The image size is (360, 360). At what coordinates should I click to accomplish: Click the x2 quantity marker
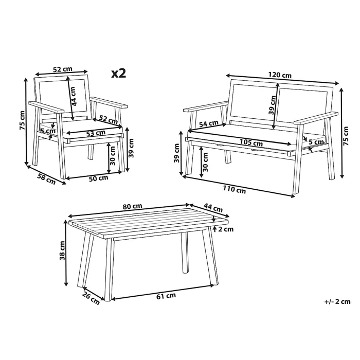(x=119, y=73)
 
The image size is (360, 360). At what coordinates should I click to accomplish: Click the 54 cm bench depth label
(x=208, y=124)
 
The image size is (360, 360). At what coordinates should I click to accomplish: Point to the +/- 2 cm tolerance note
(x=337, y=301)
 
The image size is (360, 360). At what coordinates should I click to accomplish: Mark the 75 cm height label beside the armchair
(x=22, y=121)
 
